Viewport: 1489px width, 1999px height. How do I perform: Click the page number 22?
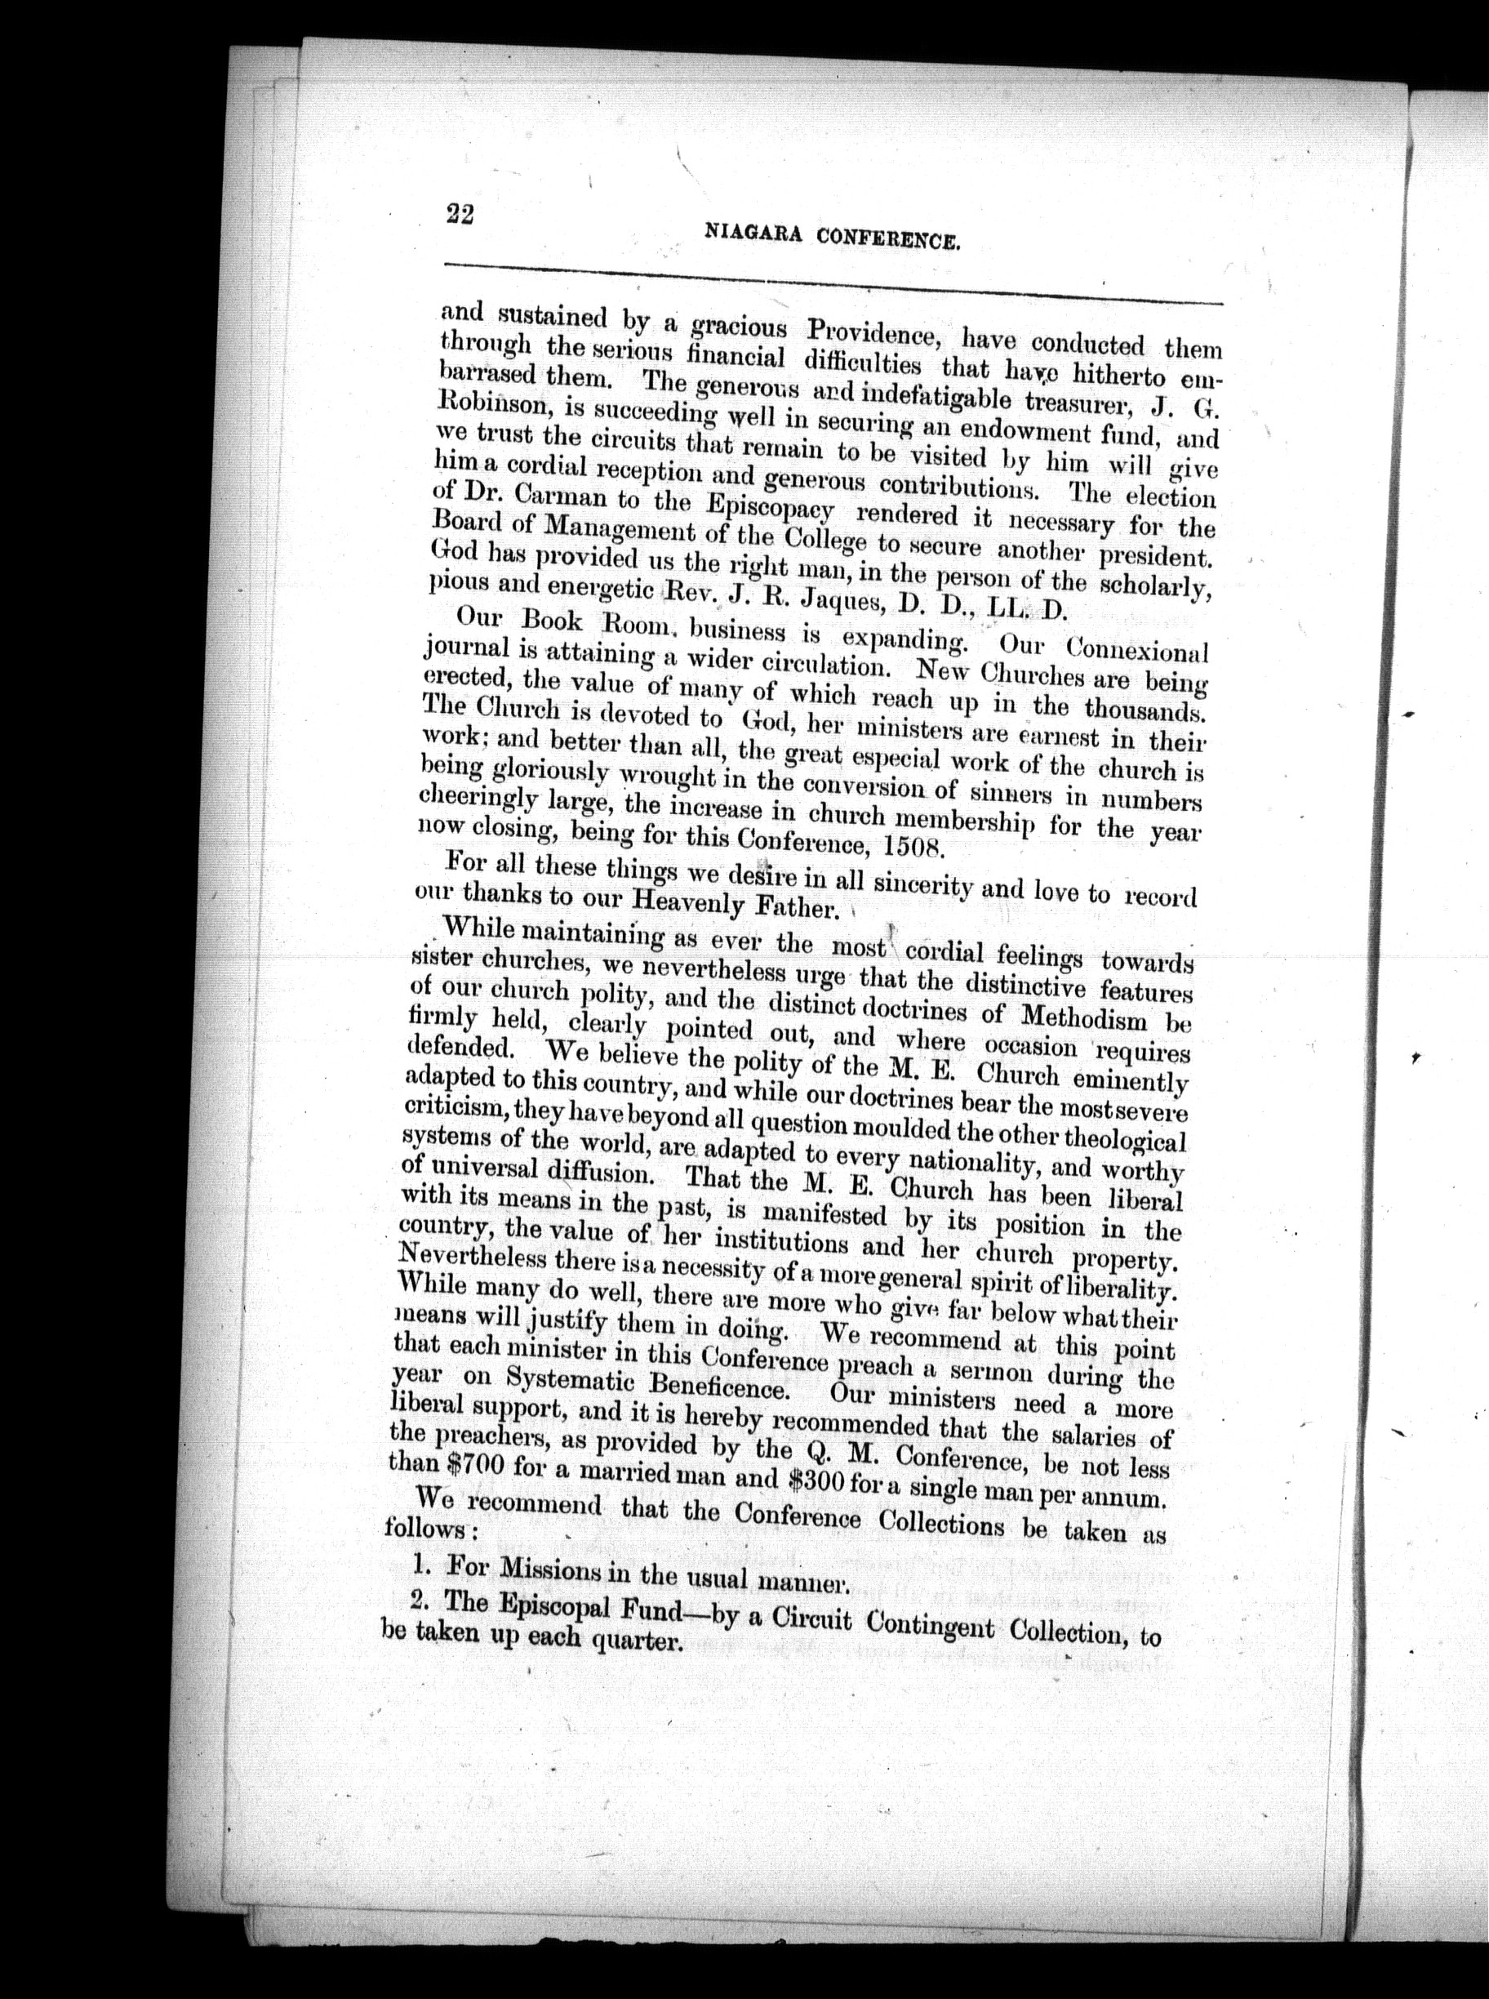(460, 215)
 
